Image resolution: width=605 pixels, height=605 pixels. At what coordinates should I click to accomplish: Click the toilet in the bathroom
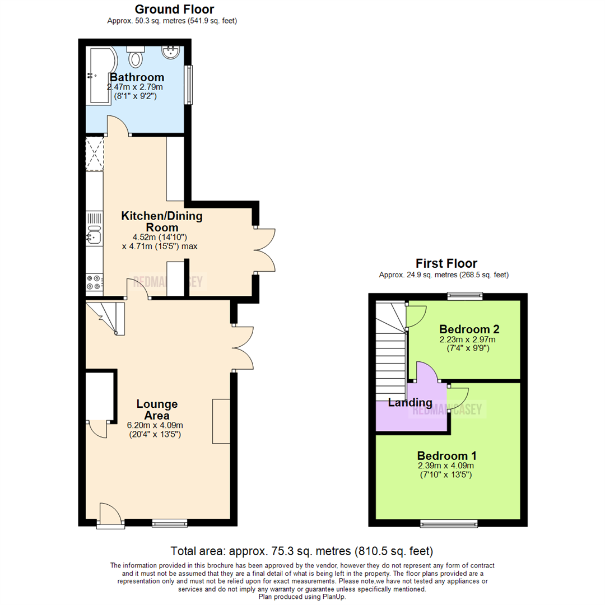click(x=136, y=56)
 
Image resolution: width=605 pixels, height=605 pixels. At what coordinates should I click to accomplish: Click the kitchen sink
click(x=94, y=238)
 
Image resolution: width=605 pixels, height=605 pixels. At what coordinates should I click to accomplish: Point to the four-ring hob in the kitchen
click(x=94, y=282)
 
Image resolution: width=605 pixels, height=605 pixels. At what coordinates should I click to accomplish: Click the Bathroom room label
click(x=137, y=77)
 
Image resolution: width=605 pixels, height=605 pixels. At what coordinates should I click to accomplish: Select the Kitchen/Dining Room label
click(x=162, y=222)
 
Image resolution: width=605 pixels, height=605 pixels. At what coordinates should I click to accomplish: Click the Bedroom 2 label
click(x=469, y=329)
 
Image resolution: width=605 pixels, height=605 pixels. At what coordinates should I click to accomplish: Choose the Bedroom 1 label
click(x=446, y=455)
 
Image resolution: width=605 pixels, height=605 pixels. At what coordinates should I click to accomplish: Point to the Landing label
click(x=410, y=403)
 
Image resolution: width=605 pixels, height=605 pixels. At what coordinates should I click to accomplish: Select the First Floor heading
click(x=446, y=263)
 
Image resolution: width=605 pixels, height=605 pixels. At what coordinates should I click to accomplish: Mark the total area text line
click(x=302, y=551)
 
